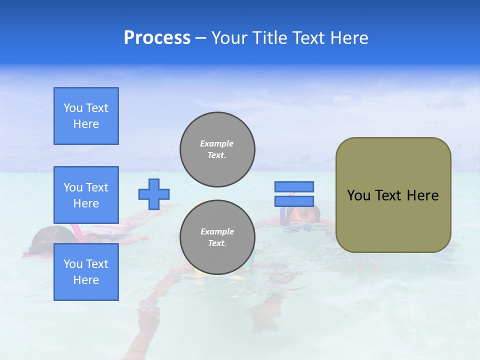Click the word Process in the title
coord(157,38)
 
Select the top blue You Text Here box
coord(86,116)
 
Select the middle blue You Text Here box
coord(86,195)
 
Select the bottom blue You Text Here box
coord(86,271)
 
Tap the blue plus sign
coord(154,194)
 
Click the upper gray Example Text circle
coord(217,149)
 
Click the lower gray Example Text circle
coord(217,237)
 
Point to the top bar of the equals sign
coord(294,186)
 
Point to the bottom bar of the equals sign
coord(294,201)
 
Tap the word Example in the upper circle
coord(216,143)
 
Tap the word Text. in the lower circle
coord(216,243)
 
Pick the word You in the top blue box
coord(73,108)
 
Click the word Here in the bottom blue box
coord(86,280)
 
